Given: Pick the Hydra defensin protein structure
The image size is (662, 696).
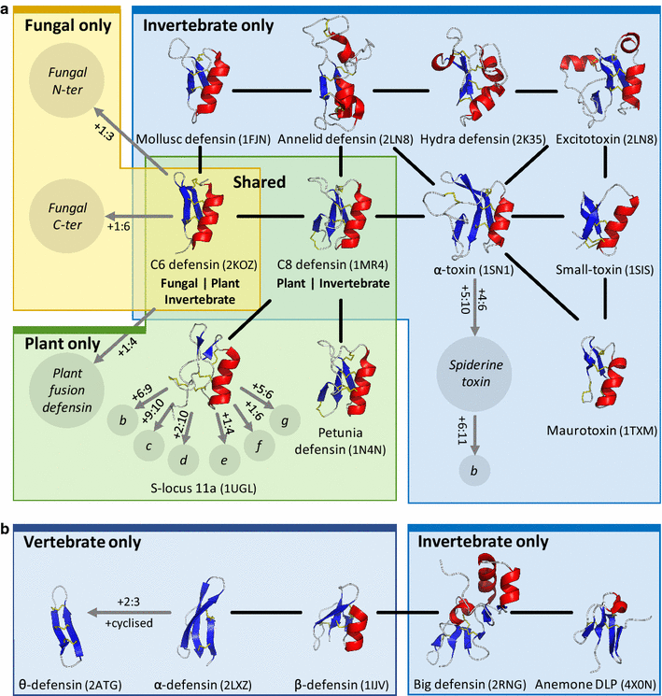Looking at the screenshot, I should point(477,87).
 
